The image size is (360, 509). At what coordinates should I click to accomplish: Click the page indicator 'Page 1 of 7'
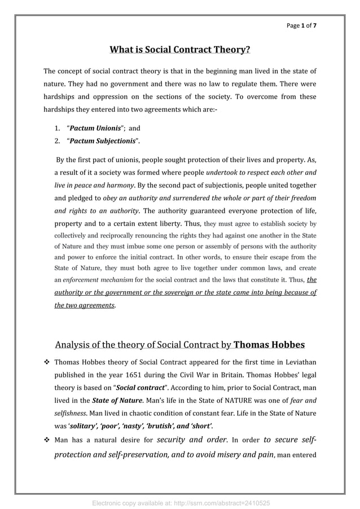[305, 26]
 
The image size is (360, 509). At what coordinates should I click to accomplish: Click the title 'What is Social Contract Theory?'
[179, 50]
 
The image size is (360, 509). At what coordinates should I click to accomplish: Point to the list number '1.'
[58, 128]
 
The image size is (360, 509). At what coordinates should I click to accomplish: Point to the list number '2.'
[58, 141]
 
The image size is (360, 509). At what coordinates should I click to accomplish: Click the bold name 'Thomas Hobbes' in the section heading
[269, 344]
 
